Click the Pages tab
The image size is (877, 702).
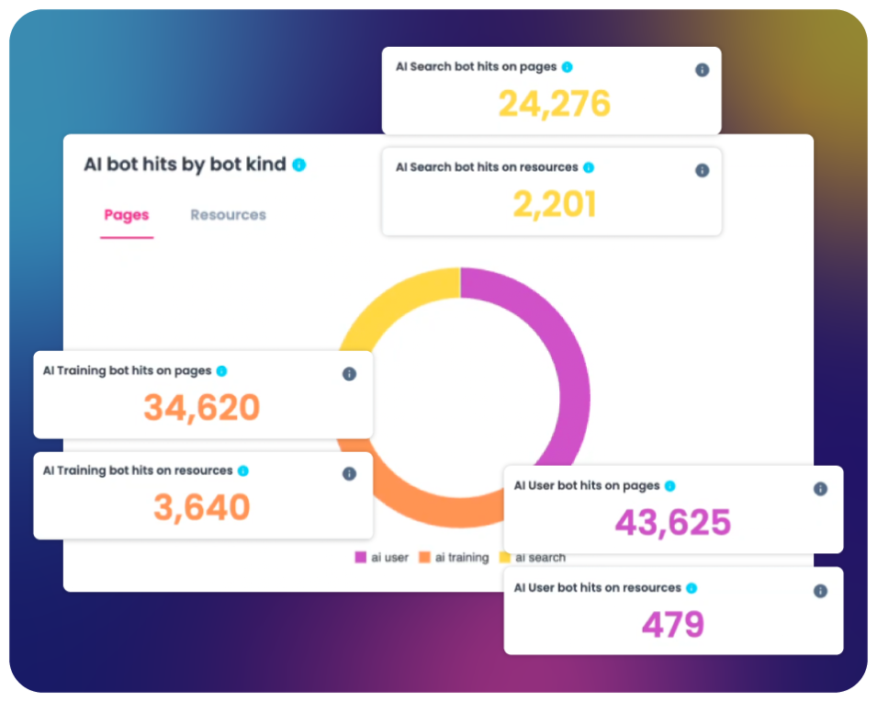tap(127, 215)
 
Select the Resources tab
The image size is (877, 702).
tap(228, 215)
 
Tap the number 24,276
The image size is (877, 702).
tap(554, 104)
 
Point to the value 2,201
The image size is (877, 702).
tap(554, 204)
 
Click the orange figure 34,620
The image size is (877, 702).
tap(202, 407)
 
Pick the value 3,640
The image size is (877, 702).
tap(202, 507)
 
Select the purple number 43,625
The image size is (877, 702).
tap(672, 523)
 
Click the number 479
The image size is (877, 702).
tap(672, 625)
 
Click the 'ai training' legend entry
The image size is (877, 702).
tap(454, 558)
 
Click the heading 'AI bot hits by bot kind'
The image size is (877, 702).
tap(185, 165)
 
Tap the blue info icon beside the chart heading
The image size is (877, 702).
tap(298, 165)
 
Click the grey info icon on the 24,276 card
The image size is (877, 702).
tap(702, 70)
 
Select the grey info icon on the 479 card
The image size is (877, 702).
tap(820, 591)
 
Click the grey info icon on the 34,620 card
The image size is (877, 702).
tap(349, 374)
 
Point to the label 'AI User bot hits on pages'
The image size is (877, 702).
tap(587, 486)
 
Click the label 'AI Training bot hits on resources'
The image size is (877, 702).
tap(138, 470)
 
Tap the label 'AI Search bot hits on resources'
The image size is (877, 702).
tap(487, 167)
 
